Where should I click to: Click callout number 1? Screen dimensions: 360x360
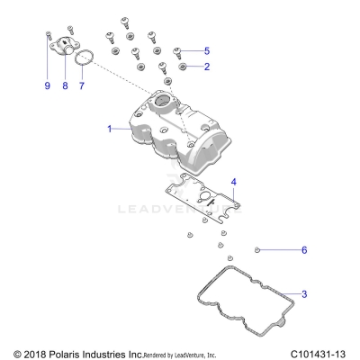111,130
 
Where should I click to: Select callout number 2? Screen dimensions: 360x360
207,67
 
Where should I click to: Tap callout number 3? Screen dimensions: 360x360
303,294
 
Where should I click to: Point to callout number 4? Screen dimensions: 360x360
233,182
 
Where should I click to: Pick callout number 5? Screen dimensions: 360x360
207,50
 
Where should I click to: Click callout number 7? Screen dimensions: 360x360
82,86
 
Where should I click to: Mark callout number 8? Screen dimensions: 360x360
65,86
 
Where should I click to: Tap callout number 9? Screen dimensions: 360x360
47,86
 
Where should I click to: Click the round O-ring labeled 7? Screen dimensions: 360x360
83,59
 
